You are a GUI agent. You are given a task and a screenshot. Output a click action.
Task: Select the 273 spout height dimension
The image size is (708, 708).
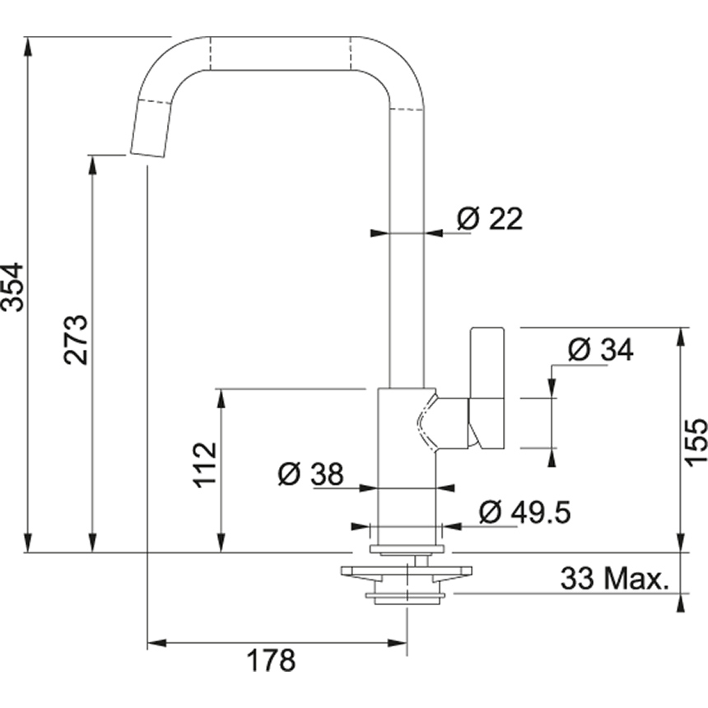[x=77, y=338]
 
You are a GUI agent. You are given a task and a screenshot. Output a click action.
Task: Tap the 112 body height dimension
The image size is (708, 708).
[x=205, y=463]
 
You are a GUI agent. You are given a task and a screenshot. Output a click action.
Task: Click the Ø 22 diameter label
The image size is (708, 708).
[x=490, y=219]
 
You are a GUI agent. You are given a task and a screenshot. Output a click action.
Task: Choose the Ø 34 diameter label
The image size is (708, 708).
[x=601, y=350]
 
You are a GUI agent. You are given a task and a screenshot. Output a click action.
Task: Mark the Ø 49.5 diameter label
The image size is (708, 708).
[x=524, y=512]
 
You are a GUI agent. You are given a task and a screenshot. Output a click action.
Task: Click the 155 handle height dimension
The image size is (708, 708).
[x=696, y=442]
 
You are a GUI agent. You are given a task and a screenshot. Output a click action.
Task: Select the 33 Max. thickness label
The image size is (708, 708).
[x=613, y=579]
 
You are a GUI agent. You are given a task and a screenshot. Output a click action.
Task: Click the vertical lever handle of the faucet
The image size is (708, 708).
[x=487, y=387]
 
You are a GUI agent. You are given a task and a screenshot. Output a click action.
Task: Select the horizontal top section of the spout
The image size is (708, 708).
[x=280, y=54]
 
